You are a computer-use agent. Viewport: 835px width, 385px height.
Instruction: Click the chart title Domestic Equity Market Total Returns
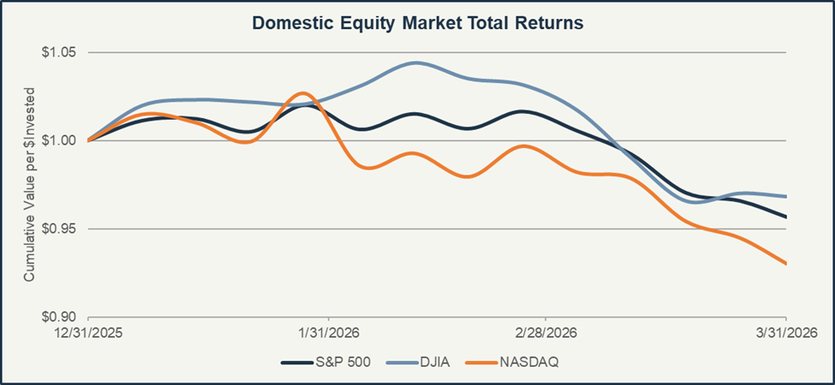pos(417,23)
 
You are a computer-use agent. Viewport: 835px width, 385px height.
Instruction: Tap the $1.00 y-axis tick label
pos(59,140)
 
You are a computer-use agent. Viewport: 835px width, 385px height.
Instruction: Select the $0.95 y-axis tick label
pos(59,228)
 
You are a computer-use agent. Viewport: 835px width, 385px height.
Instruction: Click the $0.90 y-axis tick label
pos(59,317)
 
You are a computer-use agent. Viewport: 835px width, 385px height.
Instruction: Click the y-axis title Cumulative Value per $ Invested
pos(29,185)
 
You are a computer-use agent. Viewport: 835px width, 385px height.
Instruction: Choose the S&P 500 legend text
pos(343,362)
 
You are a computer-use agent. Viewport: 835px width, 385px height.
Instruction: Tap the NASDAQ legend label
pos(528,362)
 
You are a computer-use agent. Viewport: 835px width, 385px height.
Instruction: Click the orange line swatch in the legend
pos(481,362)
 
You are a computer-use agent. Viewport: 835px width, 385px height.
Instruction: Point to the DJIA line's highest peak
pos(416,62)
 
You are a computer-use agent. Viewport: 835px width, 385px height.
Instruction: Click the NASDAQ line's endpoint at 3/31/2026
pos(785,264)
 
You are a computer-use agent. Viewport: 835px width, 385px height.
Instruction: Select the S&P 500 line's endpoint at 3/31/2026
pos(785,216)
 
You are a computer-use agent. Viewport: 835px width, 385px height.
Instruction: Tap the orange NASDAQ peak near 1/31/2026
pos(301,92)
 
